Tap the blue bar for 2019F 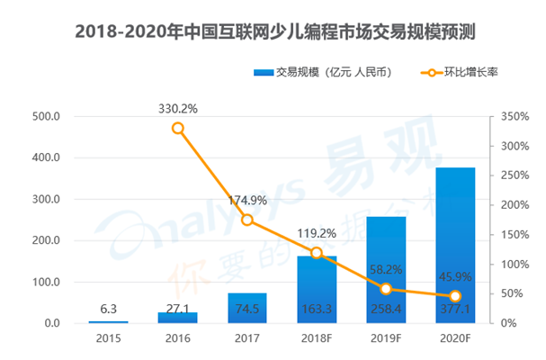pyautogui.click(x=386, y=270)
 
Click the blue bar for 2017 pyautogui.click(x=247, y=308)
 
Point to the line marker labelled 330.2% pyautogui.click(x=178, y=128)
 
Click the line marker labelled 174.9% pyautogui.click(x=247, y=220)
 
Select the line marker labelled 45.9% pyautogui.click(x=455, y=296)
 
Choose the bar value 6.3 pyautogui.click(x=108, y=308)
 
